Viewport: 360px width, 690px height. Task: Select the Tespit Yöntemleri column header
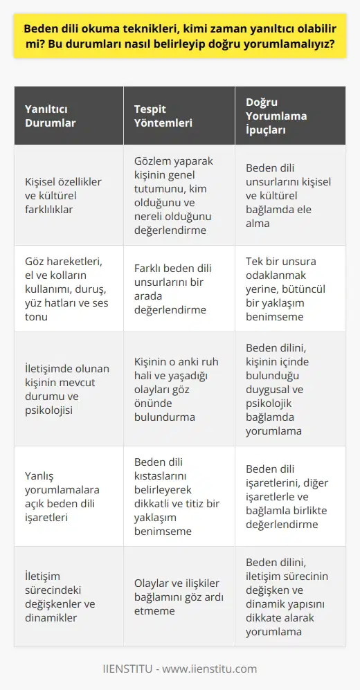pos(163,116)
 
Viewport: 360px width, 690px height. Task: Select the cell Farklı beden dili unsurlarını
pos(174,289)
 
